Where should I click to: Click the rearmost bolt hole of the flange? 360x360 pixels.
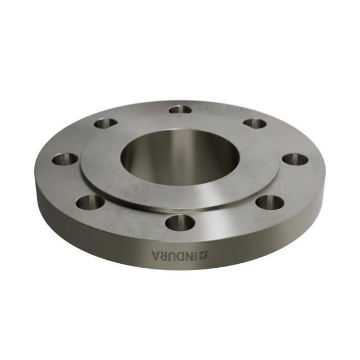click(180, 109)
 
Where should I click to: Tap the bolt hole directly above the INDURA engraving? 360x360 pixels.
click(180, 223)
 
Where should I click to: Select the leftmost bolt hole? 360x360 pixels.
click(65, 159)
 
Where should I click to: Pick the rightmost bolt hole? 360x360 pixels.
click(295, 159)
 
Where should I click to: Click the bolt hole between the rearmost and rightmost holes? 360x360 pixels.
click(255, 123)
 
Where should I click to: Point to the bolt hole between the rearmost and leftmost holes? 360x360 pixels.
click(105, 123)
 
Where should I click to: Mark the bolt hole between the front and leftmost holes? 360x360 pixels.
click(90, 201)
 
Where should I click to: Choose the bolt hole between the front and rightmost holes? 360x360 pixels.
click(271, 201)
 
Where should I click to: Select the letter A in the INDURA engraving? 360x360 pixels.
click(157, 256)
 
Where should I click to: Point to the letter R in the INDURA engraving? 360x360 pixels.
click(166, 256)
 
